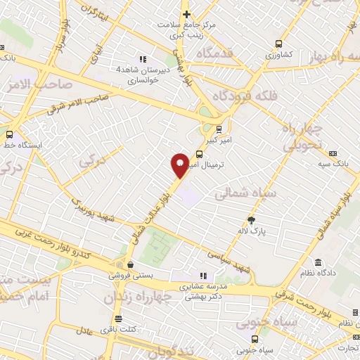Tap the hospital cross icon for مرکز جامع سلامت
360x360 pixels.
point(186,14)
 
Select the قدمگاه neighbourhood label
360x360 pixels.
point(208,53)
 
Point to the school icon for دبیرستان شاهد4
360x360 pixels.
point(143,59)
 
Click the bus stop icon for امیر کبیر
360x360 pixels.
point(219,129)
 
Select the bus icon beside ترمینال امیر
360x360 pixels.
point(200,154)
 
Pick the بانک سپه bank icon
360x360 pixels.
point(333,153)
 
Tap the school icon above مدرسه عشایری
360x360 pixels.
point(203,276)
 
